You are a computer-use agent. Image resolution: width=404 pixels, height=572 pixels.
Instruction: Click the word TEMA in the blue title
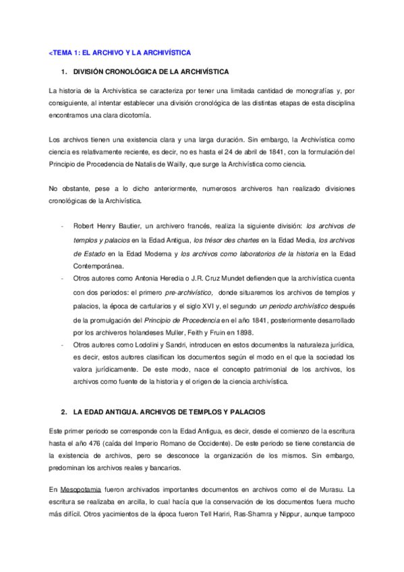click(64, 52)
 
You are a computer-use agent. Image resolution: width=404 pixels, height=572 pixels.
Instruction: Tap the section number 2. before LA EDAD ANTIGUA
click(63, 411)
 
